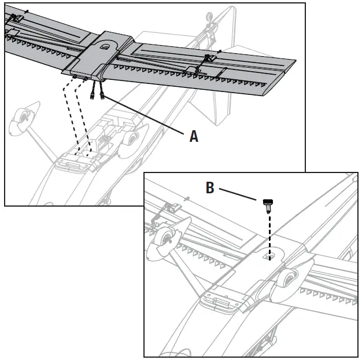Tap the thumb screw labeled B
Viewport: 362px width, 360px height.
pyautogui.click(x=268, y=204)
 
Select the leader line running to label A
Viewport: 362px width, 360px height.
pyautogui.click(x=145, y=116)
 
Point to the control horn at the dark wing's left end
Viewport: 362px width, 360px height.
pyautogui.click(x=14, y=19)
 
